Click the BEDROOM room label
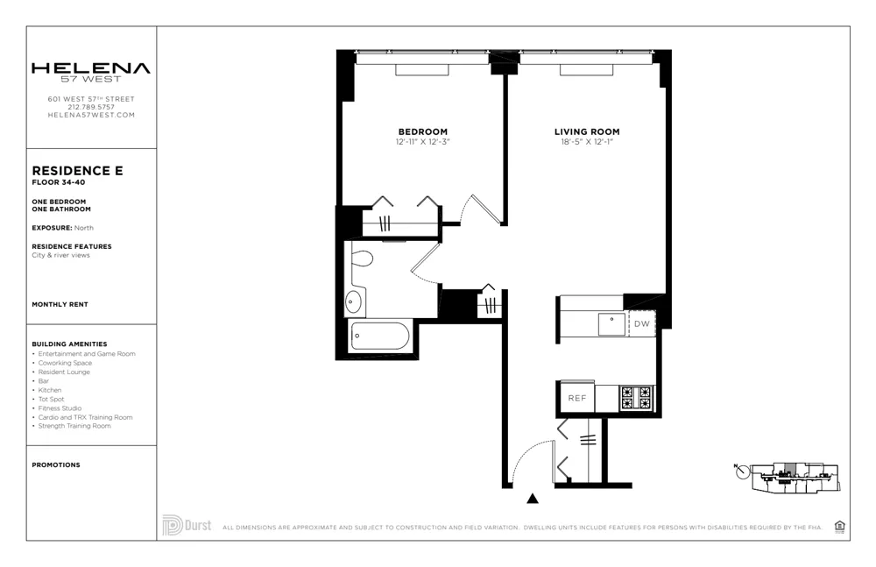tap(422, 131)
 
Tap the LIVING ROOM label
tap(587, 131)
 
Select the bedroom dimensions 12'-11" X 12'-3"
tap(422, 141)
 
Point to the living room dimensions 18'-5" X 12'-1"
tap(587, 141)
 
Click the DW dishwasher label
tap(641, 323)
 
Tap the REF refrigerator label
tap(576, 398)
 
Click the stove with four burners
tap(637, 398)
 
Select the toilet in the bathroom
tap(362, 258)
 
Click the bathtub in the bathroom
tap(379, 338)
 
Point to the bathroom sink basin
tap(353, 302)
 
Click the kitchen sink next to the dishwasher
tap(611, 323)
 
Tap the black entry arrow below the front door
tap(532, 499)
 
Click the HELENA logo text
tap(91, 68)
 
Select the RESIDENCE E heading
tap(77, 171)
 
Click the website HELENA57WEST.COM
tap(91, 115)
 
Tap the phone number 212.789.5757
tap(91, 107)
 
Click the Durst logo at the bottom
tap(187, 526)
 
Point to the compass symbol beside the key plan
tap(744, 471)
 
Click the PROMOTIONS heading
tap(55, 465)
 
